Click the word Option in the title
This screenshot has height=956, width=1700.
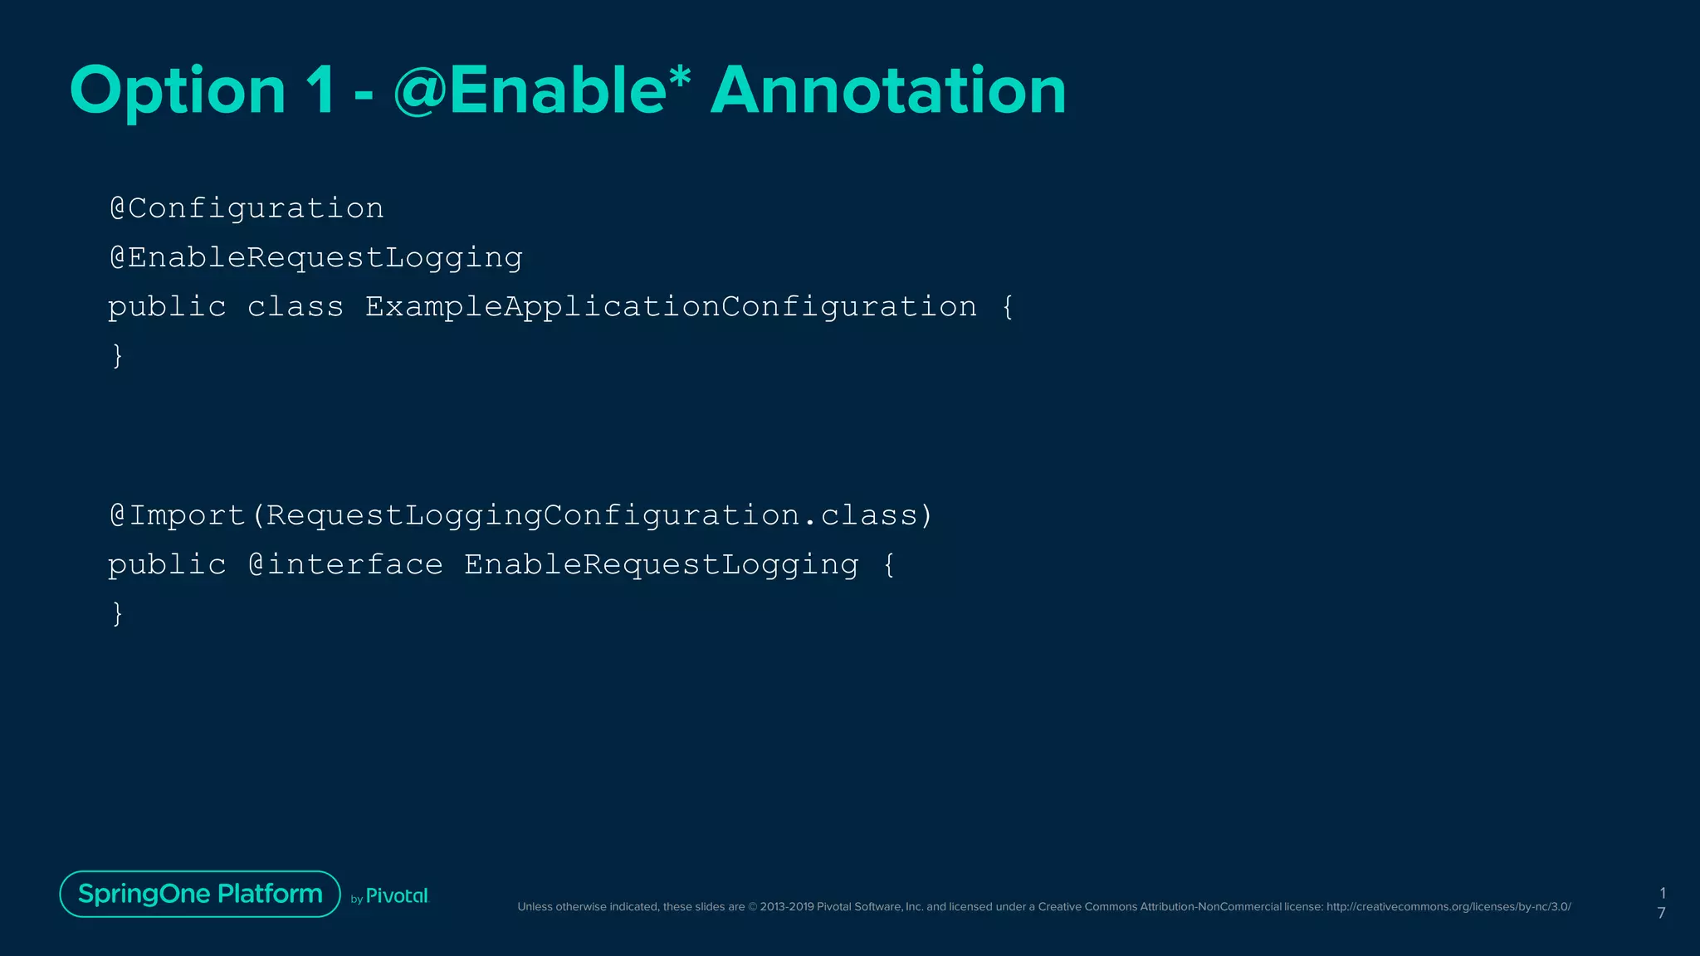point(178,91)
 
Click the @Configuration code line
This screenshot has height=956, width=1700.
point(247,208)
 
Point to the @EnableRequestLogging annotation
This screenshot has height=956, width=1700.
point(315,258)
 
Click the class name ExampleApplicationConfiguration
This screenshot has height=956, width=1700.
point(671,307)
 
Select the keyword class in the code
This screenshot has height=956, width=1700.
point(295,307)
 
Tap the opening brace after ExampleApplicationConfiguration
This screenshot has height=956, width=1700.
point(1008,307)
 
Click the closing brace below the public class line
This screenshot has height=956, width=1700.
point(117,356)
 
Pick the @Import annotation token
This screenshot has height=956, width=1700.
point(178,515)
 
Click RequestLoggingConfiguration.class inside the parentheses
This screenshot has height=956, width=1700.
point(590,515)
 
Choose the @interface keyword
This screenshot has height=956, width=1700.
point(345,565)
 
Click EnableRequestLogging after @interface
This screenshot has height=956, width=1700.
point(661,565)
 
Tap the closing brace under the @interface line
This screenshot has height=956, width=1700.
point(117,614)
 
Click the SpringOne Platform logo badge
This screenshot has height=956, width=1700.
point(200,894)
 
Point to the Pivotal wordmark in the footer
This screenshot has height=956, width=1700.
point(397,896)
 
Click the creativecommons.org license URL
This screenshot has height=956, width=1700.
point(1448,907)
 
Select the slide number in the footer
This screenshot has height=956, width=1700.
point(1662,903)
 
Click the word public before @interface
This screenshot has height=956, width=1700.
point(167,565)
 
